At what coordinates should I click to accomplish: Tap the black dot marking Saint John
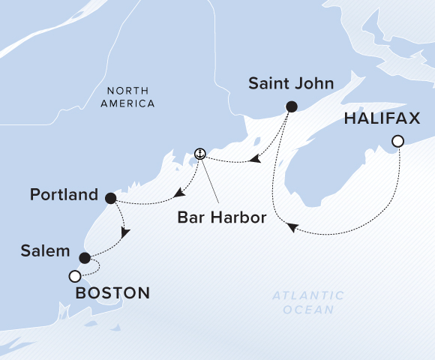(x=292, y=106)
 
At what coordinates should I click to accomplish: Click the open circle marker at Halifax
(x=398, y=141)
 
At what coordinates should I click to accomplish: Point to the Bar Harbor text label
(x=211, y=219)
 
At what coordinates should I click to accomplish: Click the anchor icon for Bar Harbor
(x=199, y=154)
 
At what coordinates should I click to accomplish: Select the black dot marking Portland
(x=111, y=199)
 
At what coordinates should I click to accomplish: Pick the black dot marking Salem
(x=85, y=258)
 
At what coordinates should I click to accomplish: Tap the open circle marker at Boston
(x=74, y=277)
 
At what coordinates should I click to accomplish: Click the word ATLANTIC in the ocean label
(x=308, y=295)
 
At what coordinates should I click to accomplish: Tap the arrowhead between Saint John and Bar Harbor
(x=256, y=159)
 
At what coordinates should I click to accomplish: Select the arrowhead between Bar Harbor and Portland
(x=178, y=194)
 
